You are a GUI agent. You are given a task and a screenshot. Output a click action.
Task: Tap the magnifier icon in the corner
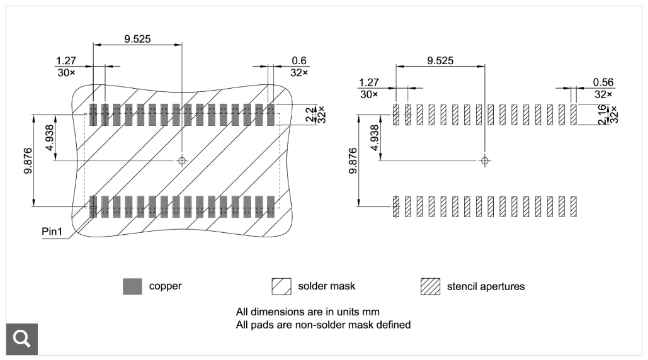(22, 339)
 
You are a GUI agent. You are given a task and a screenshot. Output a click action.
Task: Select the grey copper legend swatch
(132, 286)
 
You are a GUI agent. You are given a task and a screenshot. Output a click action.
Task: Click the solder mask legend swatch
(281, 286)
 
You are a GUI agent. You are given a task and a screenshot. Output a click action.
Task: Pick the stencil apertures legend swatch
(430, 286)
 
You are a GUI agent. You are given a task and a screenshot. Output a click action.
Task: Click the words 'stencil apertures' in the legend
(486, 286)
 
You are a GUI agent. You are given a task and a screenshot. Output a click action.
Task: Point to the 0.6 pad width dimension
(298, 60)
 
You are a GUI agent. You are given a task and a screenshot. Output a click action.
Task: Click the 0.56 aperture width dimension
(603, 82)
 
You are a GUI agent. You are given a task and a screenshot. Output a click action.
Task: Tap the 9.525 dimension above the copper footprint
(137, 38)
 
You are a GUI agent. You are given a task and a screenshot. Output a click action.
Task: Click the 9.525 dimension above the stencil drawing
(440, 60)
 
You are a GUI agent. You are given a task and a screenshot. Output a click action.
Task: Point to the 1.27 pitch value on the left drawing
(66, 60)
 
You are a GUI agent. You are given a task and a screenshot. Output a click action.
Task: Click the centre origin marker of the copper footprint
(182, 160)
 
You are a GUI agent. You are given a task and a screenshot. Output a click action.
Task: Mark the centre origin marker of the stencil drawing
(484, 160)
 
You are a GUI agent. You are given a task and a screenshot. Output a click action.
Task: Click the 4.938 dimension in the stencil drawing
(375, 138)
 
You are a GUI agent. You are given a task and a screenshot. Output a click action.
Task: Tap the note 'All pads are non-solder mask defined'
(323, 325)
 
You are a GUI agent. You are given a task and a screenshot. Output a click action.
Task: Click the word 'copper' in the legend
(165, 286)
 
